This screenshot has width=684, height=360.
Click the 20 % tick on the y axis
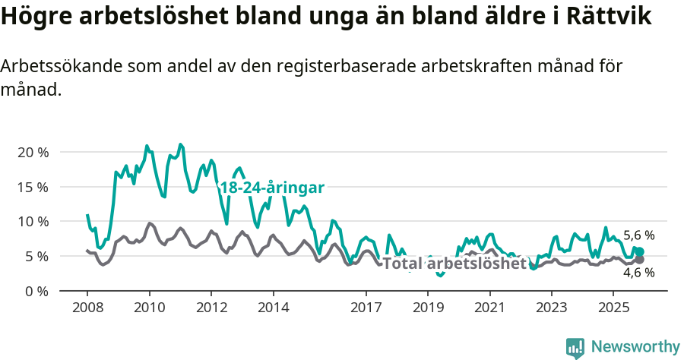pyautogui.click(x=32, y=152)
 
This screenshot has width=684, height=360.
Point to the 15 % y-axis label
pyautogui.click(x=32, y=187)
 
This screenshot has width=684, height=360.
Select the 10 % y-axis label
pyautogui.click(x=32, y=222)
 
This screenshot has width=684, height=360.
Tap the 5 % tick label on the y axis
pyautogui.click(x=36, y=257)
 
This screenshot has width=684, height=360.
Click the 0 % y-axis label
pyautogui.click(x=36, y=291)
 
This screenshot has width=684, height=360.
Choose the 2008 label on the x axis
pyautogui.click(x=87, y=308)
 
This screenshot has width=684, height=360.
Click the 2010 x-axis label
pyautogui.click(x=149, y=308)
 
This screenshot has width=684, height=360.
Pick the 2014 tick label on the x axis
pyautogui.click(x=274, y=308)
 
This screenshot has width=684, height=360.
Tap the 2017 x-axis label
pyautogui.click(x=366, y=308)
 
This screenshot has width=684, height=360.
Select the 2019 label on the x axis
pyautogui.click(x=428, y=308)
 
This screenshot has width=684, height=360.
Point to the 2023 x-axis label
pyautogui.click(x=552, y=308)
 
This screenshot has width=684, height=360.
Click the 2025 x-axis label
pyautogui.click(x=613, y=308)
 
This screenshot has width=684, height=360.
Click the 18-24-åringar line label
pyautogui.click(x=272, y=188)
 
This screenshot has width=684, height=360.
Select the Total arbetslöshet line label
pyautogui.click(x=454, y=264)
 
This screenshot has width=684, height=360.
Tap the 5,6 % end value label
pyautogui.click(x=638, y=235)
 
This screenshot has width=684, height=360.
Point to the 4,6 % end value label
pyautogui.click(x=638, y=273)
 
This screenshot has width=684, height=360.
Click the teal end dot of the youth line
pyautogui.click(x=639, y=251)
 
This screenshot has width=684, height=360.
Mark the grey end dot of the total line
pyautogui.click(x=639, y=260)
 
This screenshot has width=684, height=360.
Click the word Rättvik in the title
pyautogui.click(x=603, y=17)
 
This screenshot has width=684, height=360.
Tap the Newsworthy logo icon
pyautogui.click(x=575, y=347)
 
